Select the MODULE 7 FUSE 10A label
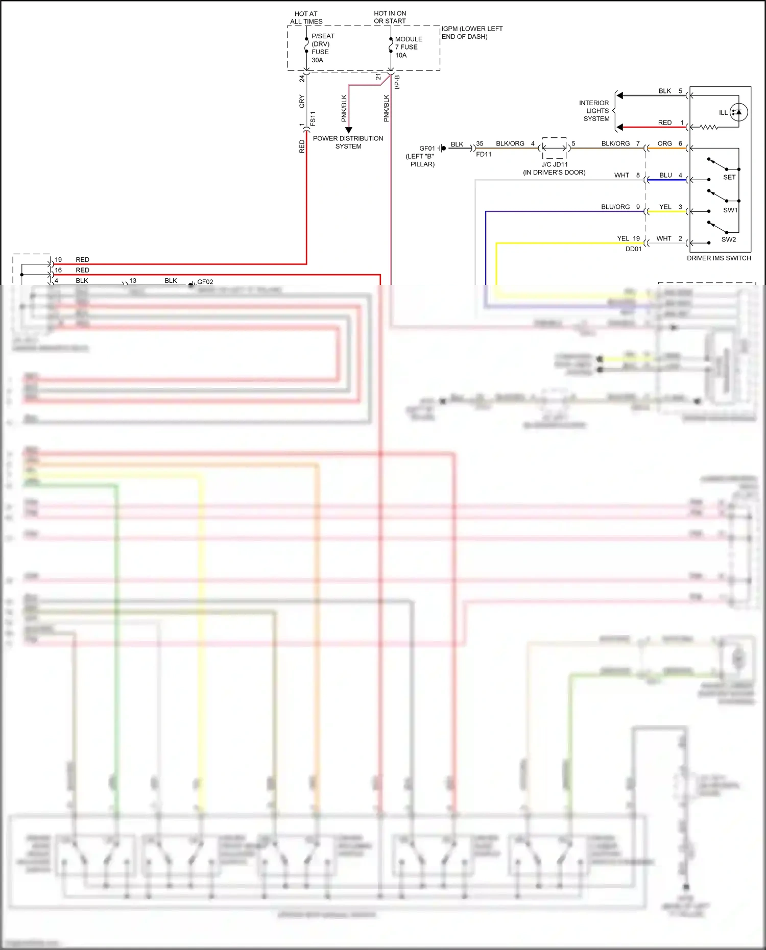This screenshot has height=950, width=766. [x=408, y=47]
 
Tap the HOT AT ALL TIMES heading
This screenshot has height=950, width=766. [x=306, y=18]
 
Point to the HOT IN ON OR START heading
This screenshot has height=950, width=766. [x=390, y=17]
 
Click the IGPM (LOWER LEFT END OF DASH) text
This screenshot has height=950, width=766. [x=471, y=33]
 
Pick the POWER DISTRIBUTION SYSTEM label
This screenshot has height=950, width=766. [x=348, y=142]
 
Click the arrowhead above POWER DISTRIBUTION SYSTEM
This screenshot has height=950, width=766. [x=349, y=130]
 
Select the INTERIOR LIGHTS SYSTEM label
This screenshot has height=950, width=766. [x=595, y=111]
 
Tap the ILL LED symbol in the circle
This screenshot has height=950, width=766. [x=738, y=112]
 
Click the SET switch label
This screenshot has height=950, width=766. [x=729, y=177]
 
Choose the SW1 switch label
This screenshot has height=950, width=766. [x=730, y=210]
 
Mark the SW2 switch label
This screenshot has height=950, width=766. [x=728, y=239]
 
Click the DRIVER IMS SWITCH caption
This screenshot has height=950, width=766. [x=719, y=258]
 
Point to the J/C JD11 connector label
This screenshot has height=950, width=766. [x=554, y=164]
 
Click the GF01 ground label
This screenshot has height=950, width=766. [x=427, y=149]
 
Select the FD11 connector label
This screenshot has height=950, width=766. [x=484, y=154]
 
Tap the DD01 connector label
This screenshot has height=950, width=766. [x=633, y=249]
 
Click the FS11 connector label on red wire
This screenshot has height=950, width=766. [x=313, y=119]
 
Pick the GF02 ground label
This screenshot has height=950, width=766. [x=205, y=282]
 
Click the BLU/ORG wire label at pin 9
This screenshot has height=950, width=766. [x=615, y=207]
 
